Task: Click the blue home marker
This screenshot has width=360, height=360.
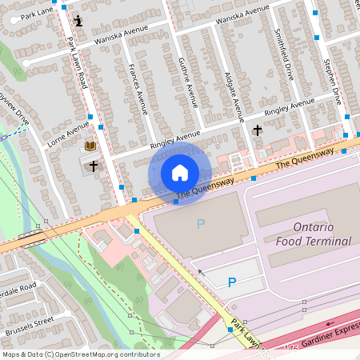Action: [180, 172]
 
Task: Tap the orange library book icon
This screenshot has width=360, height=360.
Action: [90, 146]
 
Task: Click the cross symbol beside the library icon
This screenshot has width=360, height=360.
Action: [94, 166]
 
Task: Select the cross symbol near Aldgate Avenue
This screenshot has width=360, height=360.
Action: [257, 130]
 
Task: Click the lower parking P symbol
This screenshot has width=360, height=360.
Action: [232, 282]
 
